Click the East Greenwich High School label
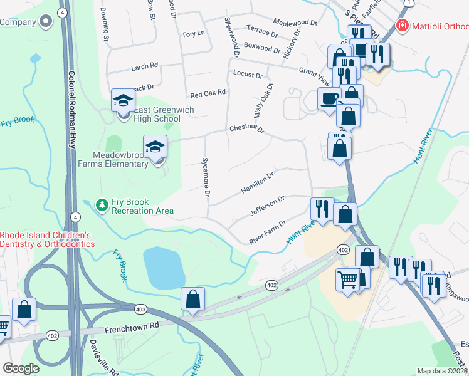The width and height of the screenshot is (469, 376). (158, 115)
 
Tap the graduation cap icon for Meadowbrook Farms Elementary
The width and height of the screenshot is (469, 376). (155, 147)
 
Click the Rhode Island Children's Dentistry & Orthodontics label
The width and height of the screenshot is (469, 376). (47, 239)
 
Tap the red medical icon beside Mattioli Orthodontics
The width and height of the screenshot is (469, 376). (402, 26)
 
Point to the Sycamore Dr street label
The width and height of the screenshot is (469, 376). (205, 175)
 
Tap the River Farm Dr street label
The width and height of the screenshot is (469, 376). (267, 231)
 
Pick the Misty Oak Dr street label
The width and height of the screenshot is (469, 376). (263, 100)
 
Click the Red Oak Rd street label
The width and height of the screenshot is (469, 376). (208, 93)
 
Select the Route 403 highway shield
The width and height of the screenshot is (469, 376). (140, 308)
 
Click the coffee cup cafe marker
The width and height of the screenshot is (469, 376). (329, 99)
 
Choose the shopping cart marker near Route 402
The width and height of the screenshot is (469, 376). (349, 279)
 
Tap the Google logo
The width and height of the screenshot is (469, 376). (21, 368)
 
